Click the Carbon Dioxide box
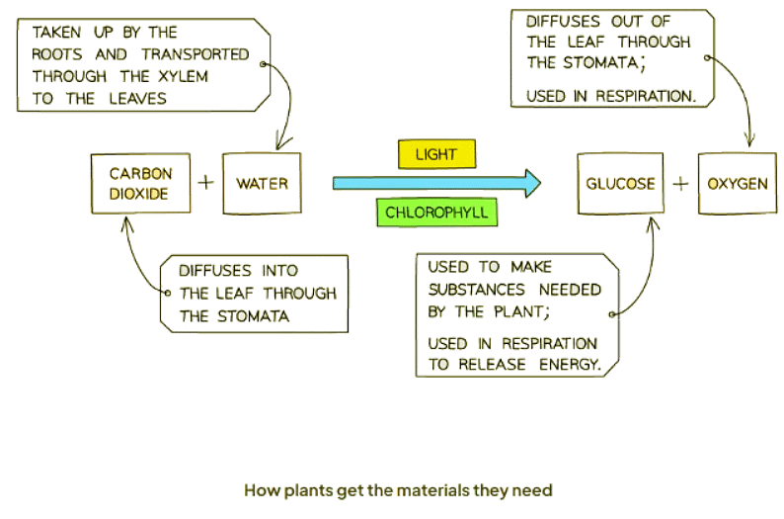140,184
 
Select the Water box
262,184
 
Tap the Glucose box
620,184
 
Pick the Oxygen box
737,184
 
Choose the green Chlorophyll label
436,213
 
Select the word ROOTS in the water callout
60,54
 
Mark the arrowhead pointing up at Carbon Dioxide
126,221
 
